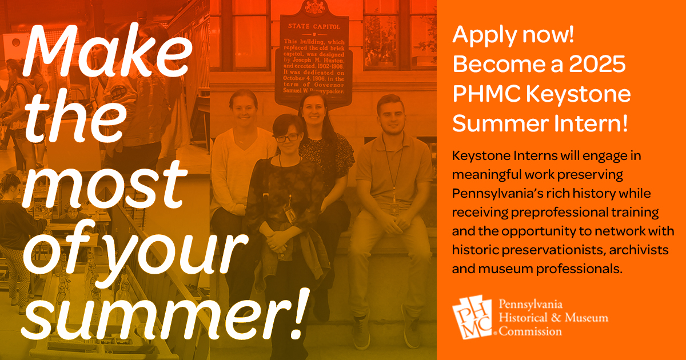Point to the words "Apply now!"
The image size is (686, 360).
[x=513, y=37]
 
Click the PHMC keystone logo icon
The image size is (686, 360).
[x=472, y=318]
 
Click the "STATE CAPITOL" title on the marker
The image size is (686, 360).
[x=314, y=26]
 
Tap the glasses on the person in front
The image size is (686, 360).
[x=286, y=138]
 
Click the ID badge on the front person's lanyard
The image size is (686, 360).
[x=290, y=215]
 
